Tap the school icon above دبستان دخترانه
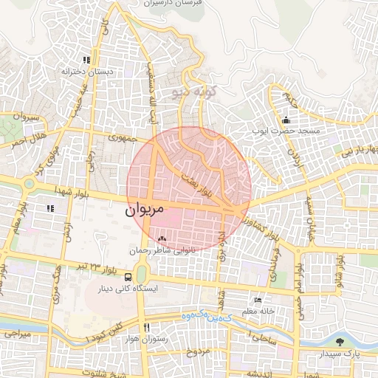click(86, 60)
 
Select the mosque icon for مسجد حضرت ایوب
click(286, 120)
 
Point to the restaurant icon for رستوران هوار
click(147, 327)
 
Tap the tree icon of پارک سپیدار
click(340, 341)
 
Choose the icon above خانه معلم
click(257, 300)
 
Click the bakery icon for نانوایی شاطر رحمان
click(162, 238)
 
